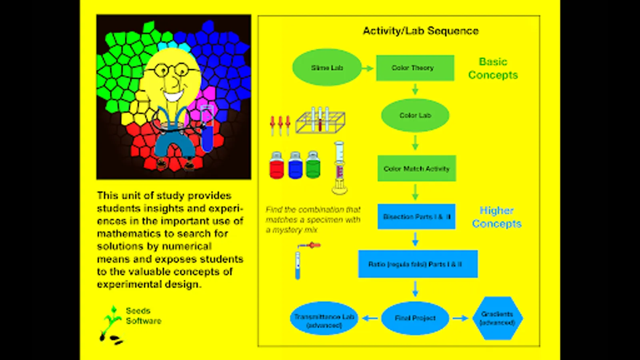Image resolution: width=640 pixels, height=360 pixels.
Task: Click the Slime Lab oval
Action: [x=327, y=68]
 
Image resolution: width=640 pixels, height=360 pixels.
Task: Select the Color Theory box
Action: [x=415, y=68]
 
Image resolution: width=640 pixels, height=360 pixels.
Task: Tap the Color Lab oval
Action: [x=415, y=115]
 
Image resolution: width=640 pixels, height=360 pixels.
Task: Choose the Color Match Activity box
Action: [x=416, y=168]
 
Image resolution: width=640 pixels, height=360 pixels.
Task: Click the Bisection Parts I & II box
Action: [x=416, y=216]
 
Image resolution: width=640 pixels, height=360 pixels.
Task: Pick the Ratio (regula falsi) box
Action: [x=418, y=264]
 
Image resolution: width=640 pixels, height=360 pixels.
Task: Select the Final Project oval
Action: [x=415, y=318]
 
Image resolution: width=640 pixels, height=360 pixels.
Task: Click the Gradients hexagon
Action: [x=497, y=318]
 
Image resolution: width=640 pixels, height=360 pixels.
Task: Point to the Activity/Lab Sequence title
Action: [x=420, y=31]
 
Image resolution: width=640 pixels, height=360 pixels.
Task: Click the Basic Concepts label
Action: [x=493, y=68]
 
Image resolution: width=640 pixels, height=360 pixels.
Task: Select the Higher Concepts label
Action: [x=496, y=217]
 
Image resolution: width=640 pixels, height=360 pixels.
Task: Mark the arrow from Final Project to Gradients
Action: [x=460, y=318]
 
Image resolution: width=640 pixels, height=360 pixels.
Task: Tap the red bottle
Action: [x=276, y=166]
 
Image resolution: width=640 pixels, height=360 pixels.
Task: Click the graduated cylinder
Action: [x=340, y=168]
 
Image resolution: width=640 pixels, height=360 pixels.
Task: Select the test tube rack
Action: [x=320, y=120]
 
